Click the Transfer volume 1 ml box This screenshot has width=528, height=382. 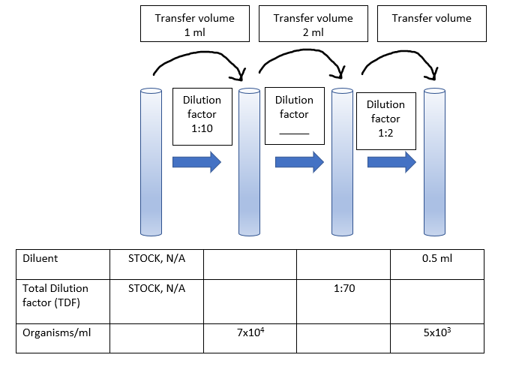(x=195, y=24)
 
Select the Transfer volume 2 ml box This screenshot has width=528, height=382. (x=313, y=24)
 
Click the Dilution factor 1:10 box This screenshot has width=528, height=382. (x=202, y=115)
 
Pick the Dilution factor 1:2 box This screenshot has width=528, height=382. (x=385, y=119)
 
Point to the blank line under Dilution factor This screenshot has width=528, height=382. (x=294, y=132)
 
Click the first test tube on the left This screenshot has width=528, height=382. (x=151, y=161)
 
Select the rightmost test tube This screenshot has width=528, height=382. (x=434, y=161)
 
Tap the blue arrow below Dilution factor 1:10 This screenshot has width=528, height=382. (x=196, y=162)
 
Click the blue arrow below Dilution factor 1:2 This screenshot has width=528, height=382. (x=391, y=162)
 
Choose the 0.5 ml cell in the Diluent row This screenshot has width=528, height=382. (x=436, y=258)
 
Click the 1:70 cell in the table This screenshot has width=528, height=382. (x=343, y=288)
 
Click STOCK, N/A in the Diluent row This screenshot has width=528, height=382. (x=156, y=258)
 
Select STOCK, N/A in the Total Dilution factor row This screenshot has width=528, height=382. (x=156, y=288)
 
